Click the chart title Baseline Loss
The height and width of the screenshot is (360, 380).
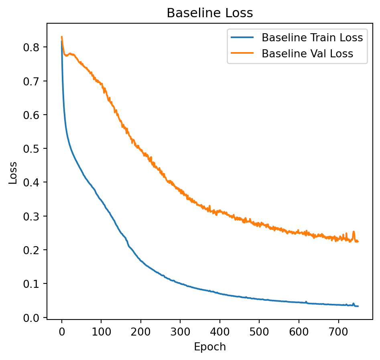pos(210,13)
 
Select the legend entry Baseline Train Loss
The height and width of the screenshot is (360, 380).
pos(312,38)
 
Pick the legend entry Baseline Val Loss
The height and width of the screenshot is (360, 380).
pos(307,54)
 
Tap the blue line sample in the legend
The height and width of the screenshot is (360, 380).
pos(242,38)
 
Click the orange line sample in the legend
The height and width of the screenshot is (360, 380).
pos(242,54)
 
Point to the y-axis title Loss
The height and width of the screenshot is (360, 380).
pos(13,173)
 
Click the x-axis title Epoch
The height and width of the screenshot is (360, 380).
pos(210,347)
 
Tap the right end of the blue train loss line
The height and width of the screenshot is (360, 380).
pos(358,306)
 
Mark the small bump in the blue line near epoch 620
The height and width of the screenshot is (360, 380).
pos(306,302)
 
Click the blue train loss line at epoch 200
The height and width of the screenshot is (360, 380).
pos(141,260)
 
